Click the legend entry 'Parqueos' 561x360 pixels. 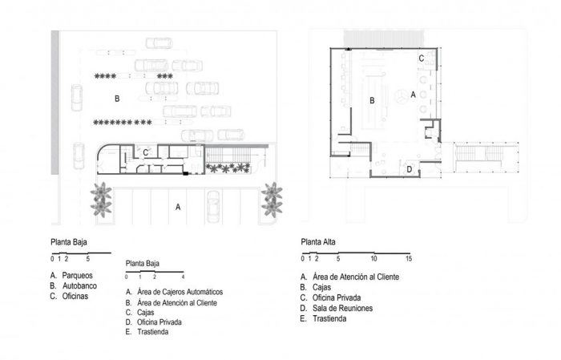[77, 276]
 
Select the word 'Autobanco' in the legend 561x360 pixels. [80, 286]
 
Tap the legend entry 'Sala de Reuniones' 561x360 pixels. [342, 308]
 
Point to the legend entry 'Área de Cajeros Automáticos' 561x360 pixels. [180, 292]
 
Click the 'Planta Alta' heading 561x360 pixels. [318, 242]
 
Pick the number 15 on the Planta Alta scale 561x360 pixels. [409, 258]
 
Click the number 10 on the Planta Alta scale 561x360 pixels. [373, 258]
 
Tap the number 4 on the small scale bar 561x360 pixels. [183, 277]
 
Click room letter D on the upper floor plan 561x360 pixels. [410, 169]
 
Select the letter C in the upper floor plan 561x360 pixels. [422, 59]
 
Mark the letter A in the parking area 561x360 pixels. [178, 207]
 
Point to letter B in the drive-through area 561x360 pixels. [117, 99]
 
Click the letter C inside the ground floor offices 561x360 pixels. [145, 153]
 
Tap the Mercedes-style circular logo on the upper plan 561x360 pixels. [401, 97]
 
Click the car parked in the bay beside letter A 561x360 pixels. [213, 207]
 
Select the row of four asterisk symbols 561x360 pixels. [105, 76]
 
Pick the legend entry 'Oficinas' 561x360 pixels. [75, 297]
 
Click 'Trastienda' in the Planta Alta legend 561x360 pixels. [329, 318]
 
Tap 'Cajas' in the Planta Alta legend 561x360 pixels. [321, 287]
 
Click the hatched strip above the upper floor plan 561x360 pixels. [384, 38]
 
